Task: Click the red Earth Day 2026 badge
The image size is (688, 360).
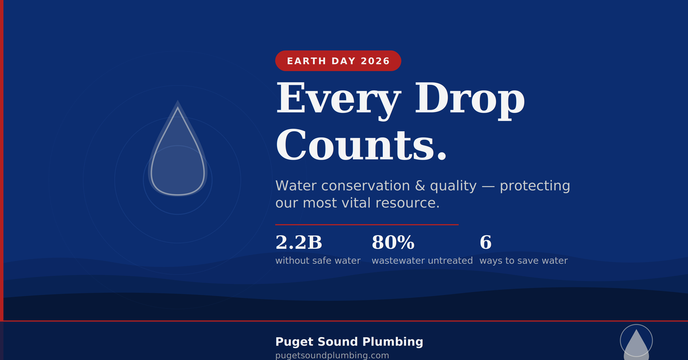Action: pos(338,61)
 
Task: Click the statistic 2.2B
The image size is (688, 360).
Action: pos(299,242)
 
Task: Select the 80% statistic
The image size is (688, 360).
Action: pos(393,242)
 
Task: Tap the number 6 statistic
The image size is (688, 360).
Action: pos(486,242)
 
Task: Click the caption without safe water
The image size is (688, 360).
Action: pos(318,261)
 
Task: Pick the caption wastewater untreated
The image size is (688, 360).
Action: pos(422,261)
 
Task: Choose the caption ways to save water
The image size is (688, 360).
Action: pos(523,261)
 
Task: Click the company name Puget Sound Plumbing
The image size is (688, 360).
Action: pos(349,342)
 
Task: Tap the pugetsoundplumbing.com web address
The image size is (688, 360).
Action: pos(332,355)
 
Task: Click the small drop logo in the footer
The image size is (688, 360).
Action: pos(636,343)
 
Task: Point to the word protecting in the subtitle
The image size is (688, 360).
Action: pos(535,186)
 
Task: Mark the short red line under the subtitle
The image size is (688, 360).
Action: pos(367,225)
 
